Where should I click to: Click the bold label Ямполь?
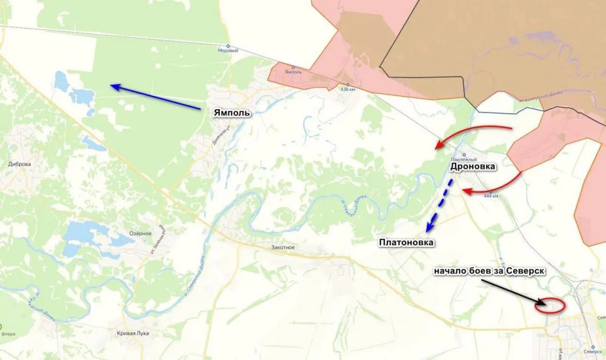232,113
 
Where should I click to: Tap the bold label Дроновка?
473,167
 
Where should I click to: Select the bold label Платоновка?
407,242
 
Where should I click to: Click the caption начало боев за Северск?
489,271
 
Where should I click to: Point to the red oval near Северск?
548,305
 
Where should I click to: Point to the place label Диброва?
20,164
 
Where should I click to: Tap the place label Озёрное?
140,234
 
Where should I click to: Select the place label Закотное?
282,247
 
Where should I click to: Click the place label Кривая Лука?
133,333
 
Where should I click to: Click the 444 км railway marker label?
490,196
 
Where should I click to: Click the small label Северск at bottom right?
593,352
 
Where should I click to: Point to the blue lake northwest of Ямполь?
69,88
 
